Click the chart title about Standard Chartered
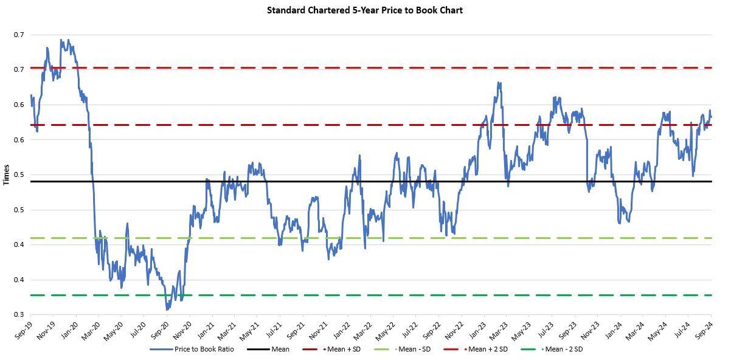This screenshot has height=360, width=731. (365, 10)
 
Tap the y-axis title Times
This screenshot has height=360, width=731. (6, 175)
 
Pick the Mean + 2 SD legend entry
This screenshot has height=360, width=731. (486, 349)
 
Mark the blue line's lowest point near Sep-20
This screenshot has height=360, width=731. (167, 310)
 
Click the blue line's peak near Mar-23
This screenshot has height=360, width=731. (499, 83)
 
